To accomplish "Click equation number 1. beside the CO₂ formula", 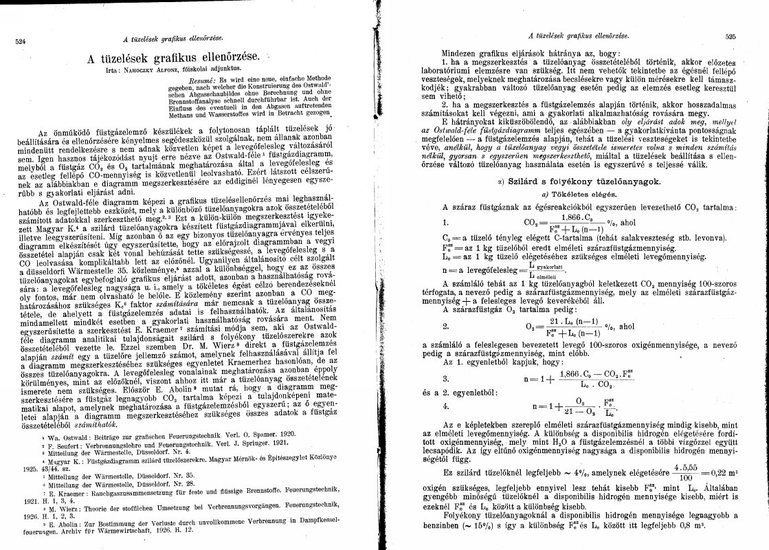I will click(x=446, y=222).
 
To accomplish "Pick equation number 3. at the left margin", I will click(x=446, y=379).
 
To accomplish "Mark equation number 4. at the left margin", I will click(x=446, y=406).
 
